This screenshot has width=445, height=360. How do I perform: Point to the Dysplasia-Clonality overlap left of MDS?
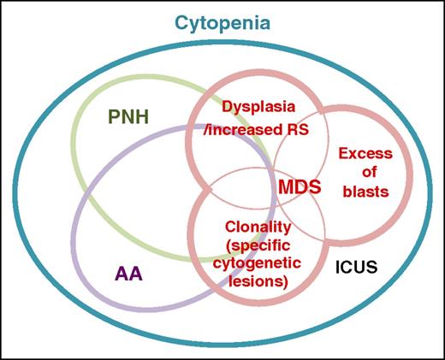[x=248, y=185]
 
